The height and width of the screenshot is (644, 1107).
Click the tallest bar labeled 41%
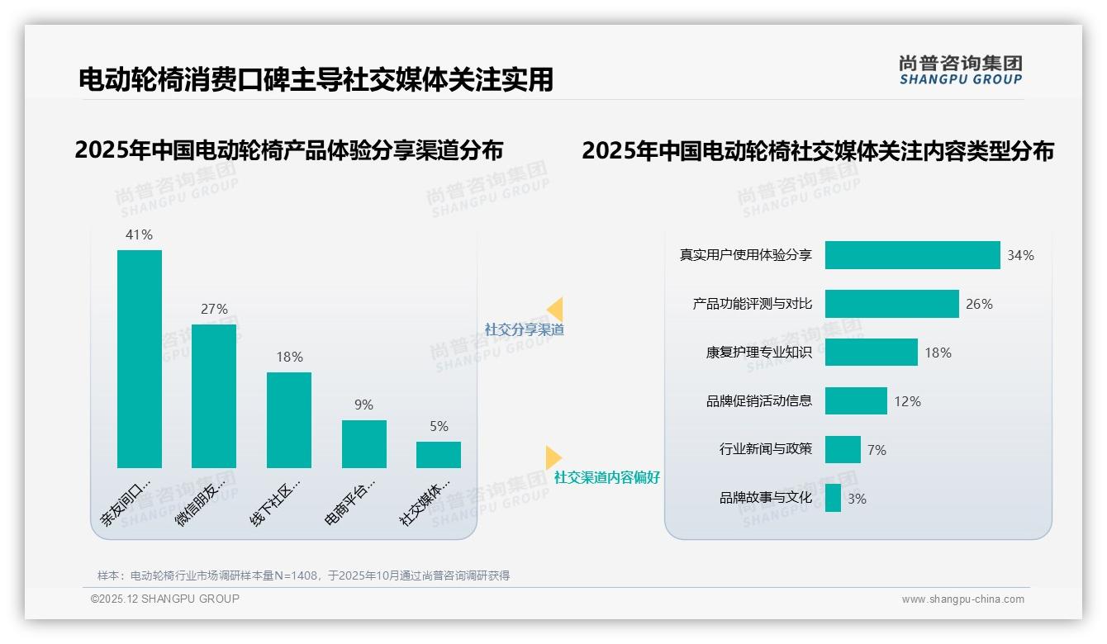tap(140, 358)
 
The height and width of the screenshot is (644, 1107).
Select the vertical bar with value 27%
tap(214, 396)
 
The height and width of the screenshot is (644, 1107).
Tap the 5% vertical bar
tap(439, 455)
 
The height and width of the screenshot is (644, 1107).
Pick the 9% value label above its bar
tap(363, 405)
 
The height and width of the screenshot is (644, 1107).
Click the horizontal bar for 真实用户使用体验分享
tap(912, 255)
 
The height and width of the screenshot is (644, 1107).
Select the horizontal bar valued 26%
tap(891, 304)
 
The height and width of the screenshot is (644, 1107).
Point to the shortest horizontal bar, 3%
tap(833, 498)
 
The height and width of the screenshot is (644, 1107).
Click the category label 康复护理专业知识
tap(759, 353)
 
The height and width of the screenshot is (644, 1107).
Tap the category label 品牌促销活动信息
tap(759, 401)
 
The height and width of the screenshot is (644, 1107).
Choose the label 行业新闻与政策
tap(766, 449)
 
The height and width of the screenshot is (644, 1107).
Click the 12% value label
tap(907, 402)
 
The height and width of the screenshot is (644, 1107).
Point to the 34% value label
tap(1020, 256)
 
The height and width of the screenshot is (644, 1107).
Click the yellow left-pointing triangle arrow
tap(555, 309)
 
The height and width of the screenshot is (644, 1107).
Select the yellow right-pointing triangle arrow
tap(553, 457)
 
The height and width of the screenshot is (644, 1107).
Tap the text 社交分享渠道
tap(525, 329)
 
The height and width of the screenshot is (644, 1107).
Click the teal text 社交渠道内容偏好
tap(607, 478)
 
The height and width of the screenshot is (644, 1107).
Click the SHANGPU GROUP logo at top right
tap(961, 70)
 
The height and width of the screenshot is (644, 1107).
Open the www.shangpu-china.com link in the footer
tap(962, 599)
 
